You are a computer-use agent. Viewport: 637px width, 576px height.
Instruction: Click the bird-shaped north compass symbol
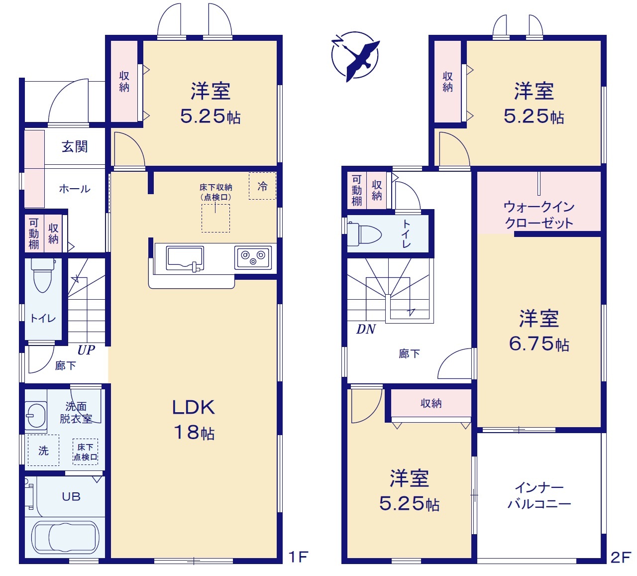point(355,56)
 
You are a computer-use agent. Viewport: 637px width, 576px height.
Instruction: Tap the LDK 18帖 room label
point(194,419)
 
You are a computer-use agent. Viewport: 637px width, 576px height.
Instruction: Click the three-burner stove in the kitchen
point(253,258)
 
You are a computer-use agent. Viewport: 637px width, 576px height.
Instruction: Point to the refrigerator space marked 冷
point(262,186)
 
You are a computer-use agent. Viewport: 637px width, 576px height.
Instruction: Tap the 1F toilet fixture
point(43,275)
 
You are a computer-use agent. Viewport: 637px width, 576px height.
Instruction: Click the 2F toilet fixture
point(364,235)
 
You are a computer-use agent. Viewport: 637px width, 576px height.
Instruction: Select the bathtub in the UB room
point(65,538)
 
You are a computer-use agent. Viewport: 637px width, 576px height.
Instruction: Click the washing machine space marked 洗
point(43,450)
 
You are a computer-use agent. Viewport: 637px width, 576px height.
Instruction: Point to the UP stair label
point(86,350)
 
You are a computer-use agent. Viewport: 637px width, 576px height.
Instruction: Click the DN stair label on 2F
point(366,329)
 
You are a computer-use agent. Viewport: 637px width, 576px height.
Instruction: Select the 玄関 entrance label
point(75,147)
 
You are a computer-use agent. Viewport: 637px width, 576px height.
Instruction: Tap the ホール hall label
point(75,189)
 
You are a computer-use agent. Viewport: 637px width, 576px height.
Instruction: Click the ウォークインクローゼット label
point(539,215)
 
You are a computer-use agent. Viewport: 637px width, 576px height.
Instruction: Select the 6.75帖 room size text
point(539,344)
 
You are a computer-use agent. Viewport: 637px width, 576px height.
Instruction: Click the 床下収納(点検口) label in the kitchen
point(215,192)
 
